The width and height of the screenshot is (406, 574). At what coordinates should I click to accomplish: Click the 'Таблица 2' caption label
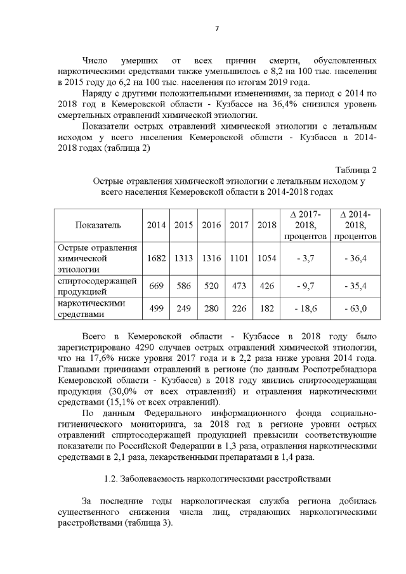pyautogui.click(x=355, y=170)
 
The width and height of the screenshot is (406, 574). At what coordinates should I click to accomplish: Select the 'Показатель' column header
pyautogui.click(x=98, y=225)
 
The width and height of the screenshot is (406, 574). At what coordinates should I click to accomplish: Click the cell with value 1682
pyautogui.click(x=156, y=258)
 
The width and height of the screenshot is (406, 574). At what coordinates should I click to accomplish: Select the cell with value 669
pyautogui.click(x=156, y=286)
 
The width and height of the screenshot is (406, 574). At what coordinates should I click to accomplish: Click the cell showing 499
pyautogui.click(x=156, y=309)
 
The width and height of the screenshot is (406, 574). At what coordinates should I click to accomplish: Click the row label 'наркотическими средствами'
pyautogui.click(x=88, y=309)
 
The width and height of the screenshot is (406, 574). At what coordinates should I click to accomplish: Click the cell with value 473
pyautogui.click(x=239, y=286)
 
